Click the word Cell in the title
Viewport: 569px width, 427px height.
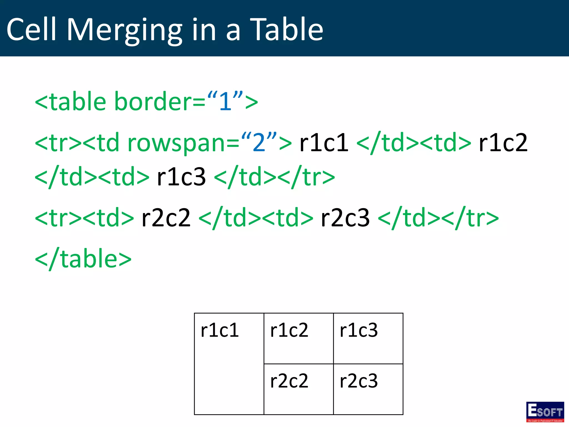[x=32, y=29]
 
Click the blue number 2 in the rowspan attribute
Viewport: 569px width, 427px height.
[x=259, y=143]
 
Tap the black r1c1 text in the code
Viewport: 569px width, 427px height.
[x=324, y=143]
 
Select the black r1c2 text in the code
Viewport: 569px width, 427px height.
[x=503, y=143]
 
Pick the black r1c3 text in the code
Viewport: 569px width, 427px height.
[x=181, y=177]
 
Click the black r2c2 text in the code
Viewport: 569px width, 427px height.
[x=166, y=218]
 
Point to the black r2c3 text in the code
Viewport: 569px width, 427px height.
[x=345, y=218]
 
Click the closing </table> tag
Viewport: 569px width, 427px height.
[x=83, y=259]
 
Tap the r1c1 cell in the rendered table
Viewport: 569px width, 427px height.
[x=229, y=364]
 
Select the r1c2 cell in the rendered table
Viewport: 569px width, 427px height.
[x=298, y=338]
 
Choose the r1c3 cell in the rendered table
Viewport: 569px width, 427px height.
[x=368, y=338]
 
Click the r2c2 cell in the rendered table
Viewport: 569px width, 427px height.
[x=298, y=389]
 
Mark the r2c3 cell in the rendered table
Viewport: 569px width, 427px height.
[x=368, y=389]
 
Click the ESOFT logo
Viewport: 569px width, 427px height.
[x=545, y=412]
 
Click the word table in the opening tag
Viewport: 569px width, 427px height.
[x=78, y=101]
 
